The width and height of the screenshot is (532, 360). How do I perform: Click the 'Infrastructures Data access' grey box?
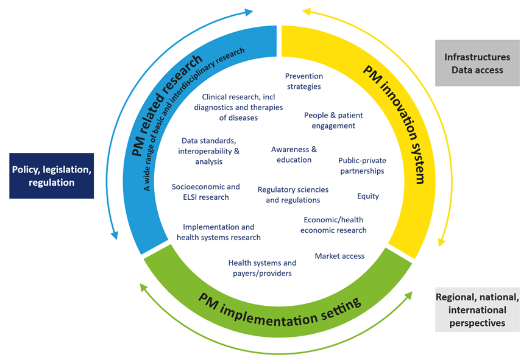pos(477,63)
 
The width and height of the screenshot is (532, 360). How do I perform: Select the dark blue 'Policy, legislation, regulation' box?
pos(51,175)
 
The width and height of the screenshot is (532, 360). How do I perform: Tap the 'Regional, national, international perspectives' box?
pos(477,309)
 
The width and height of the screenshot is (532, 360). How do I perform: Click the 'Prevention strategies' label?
pos(303,81)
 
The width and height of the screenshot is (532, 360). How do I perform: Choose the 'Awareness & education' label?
pos(294,154)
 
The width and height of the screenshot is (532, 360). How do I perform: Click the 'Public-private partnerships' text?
pos(362,166)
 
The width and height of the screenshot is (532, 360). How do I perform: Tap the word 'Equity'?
pos(367,196)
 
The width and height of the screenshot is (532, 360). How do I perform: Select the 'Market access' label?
pos(339,256)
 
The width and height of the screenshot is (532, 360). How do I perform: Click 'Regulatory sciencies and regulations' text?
pos(293,195)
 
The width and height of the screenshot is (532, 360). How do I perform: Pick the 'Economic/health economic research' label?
pos(333,225)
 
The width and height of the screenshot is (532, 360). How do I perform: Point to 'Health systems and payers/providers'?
pos(262,268)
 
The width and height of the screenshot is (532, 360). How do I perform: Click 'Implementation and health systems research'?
pos(219,232)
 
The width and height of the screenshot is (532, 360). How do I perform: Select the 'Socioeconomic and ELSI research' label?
pos(205,192)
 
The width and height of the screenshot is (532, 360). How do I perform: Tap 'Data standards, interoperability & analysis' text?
pos(209,151)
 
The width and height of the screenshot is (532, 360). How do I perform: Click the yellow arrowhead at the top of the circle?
pos(307,11)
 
